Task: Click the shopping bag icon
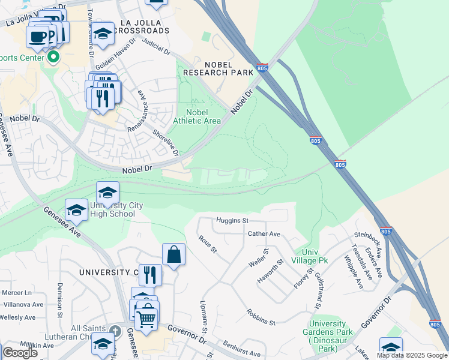click(173, 254)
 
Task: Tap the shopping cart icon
click(146, 319)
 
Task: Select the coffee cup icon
click(38, 36)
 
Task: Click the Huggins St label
click(232, 221)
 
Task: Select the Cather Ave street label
click(264, 234)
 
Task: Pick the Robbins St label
click(260, 317)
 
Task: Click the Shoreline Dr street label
click(165, 142)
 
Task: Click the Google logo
click(20, 353)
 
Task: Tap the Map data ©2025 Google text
click(412, 355)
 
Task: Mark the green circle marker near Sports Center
click(53, 58)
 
